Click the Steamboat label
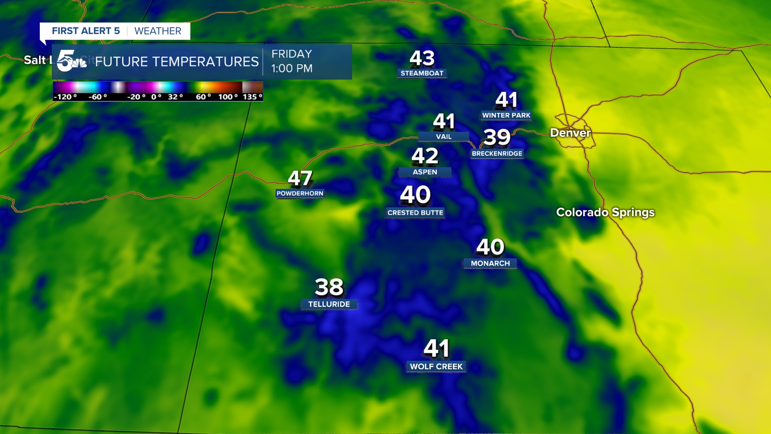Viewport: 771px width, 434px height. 422,73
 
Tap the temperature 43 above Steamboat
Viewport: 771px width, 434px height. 422,58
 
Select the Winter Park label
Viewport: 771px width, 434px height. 506,115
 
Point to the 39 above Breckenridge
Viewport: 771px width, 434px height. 497,137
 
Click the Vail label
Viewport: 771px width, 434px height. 444,137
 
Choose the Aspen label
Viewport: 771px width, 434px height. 425,172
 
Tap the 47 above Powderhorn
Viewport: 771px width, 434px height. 300,178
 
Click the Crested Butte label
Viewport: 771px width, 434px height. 415,213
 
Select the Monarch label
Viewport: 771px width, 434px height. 490,263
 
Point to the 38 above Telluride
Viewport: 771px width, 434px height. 329,287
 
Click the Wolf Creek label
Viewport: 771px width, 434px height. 436,366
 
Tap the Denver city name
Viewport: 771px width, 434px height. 570,133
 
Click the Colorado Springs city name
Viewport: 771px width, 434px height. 605,212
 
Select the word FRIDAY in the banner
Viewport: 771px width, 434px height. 292,54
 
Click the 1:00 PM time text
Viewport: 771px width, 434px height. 292,68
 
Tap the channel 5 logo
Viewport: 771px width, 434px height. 71,61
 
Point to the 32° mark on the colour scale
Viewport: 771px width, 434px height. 175,97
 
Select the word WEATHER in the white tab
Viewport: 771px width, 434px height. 158,31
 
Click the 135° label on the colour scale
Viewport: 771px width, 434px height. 252,97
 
